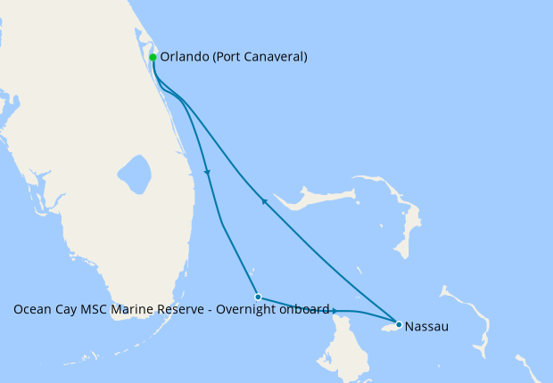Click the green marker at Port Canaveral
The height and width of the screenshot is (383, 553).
click(153, 57)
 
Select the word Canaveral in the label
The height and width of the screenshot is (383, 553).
click(274, 57)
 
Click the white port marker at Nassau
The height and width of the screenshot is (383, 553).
click(399, 325)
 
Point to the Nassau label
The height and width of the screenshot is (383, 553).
click(425, 327)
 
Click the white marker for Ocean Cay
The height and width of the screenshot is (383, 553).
click(257, 297)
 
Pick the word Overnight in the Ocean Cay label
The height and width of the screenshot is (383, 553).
click(243, 310)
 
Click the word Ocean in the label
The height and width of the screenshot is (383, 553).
click(31, 310)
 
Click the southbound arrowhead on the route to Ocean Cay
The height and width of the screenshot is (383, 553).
click(208, 172)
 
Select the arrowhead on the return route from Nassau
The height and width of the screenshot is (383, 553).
click(263, 202)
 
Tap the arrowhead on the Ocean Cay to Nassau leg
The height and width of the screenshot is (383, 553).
click(334, 311)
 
